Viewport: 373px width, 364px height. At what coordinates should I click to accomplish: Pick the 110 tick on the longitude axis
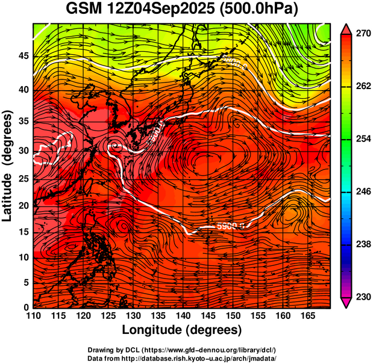[x=33, y=315]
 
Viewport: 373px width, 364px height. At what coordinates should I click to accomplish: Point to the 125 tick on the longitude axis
[x=108, y=315]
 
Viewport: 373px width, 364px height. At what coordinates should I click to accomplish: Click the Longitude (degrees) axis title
[x=182, y=330]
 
